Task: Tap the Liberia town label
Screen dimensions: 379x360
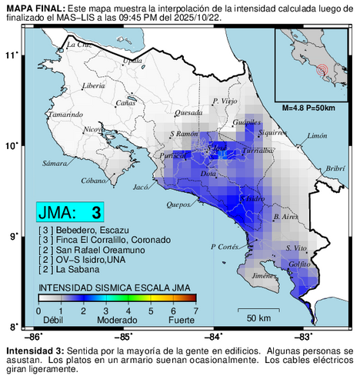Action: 93,85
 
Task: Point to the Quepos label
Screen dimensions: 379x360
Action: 178,205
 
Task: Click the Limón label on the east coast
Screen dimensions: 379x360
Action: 317,136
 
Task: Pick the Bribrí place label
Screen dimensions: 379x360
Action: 334,168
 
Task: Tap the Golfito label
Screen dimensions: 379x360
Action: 299,264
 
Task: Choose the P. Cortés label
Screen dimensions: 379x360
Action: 225,247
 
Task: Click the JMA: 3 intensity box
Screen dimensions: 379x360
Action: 70,212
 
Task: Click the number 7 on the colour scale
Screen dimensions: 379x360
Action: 196,311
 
